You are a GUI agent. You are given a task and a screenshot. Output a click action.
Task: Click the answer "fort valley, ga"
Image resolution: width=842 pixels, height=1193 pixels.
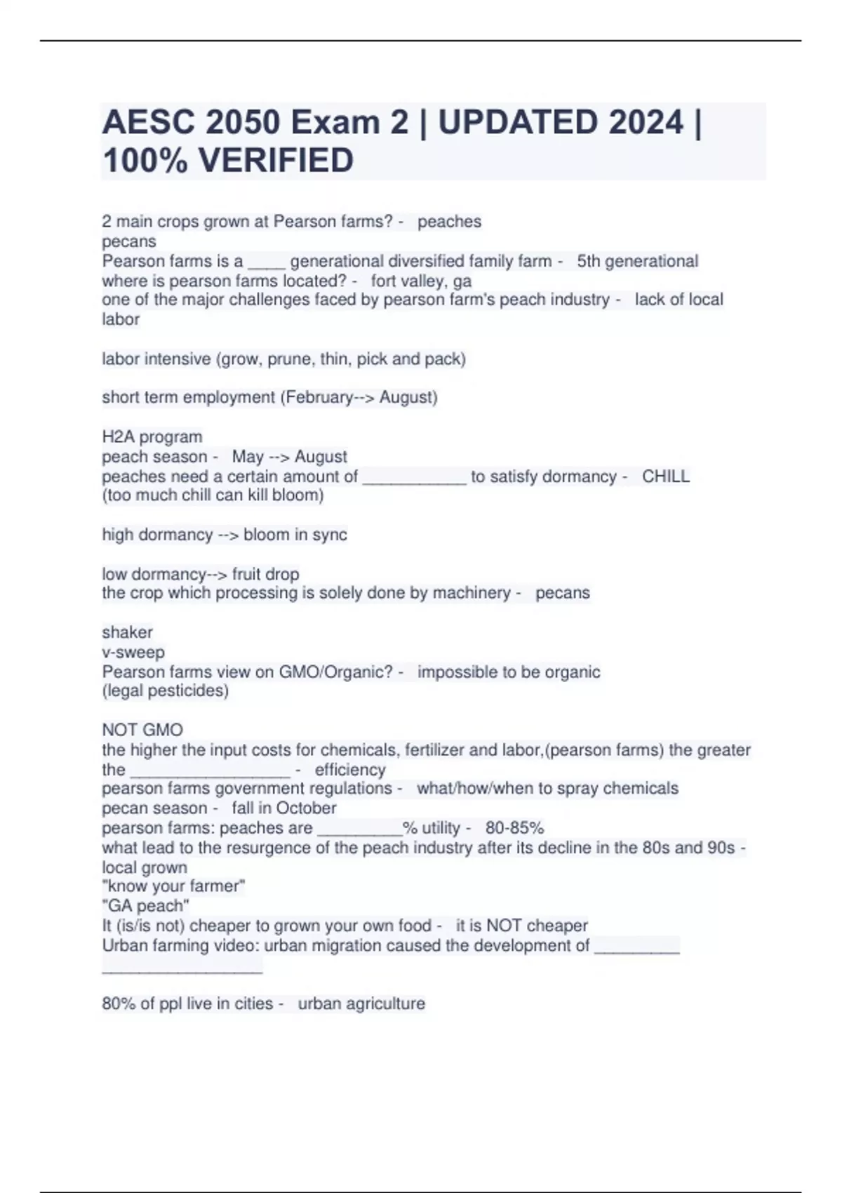(x=421, y=281)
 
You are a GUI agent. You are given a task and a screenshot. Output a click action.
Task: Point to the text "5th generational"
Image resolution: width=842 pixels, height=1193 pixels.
(x=637, y=261)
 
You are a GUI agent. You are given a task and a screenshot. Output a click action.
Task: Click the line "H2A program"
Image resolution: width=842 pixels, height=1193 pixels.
(x=152, y=436)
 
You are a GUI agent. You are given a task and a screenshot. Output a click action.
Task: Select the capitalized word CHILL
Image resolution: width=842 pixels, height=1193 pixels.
(x=666, y=476)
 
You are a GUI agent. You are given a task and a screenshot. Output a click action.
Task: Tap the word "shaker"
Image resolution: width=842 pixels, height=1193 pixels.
(x=127, y=632)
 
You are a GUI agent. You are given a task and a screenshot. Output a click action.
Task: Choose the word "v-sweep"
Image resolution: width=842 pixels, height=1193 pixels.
(x=133, y=652)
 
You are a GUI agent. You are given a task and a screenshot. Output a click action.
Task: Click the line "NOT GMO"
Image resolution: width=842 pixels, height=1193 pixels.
(x=142, y=730)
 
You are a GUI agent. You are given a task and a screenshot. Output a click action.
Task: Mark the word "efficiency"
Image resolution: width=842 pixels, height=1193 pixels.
(x=350, y=770)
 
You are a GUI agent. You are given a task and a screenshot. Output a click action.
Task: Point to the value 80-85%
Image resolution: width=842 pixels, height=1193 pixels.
(x=514, y=828)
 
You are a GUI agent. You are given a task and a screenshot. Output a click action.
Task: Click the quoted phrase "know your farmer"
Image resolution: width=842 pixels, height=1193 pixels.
(x=173, y=886)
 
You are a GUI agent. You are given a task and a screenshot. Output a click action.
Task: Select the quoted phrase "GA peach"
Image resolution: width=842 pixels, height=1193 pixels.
(x=145, y=906)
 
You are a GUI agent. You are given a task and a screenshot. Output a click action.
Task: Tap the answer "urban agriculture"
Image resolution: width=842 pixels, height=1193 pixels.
(x=361, y=1004)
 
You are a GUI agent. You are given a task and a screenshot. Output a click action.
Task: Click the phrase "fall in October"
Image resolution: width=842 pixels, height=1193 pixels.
(x=284, y=808)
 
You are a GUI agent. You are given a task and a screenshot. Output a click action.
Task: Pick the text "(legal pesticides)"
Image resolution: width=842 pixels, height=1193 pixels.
(x=165, y=691)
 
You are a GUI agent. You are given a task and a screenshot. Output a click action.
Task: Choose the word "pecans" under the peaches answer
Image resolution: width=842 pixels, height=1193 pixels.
(x=129, y=241)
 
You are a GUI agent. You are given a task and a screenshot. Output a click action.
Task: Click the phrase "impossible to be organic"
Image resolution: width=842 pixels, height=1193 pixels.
(x=509, y=672)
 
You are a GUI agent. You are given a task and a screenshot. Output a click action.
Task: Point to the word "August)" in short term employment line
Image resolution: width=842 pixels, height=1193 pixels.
(x=408, y=397)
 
